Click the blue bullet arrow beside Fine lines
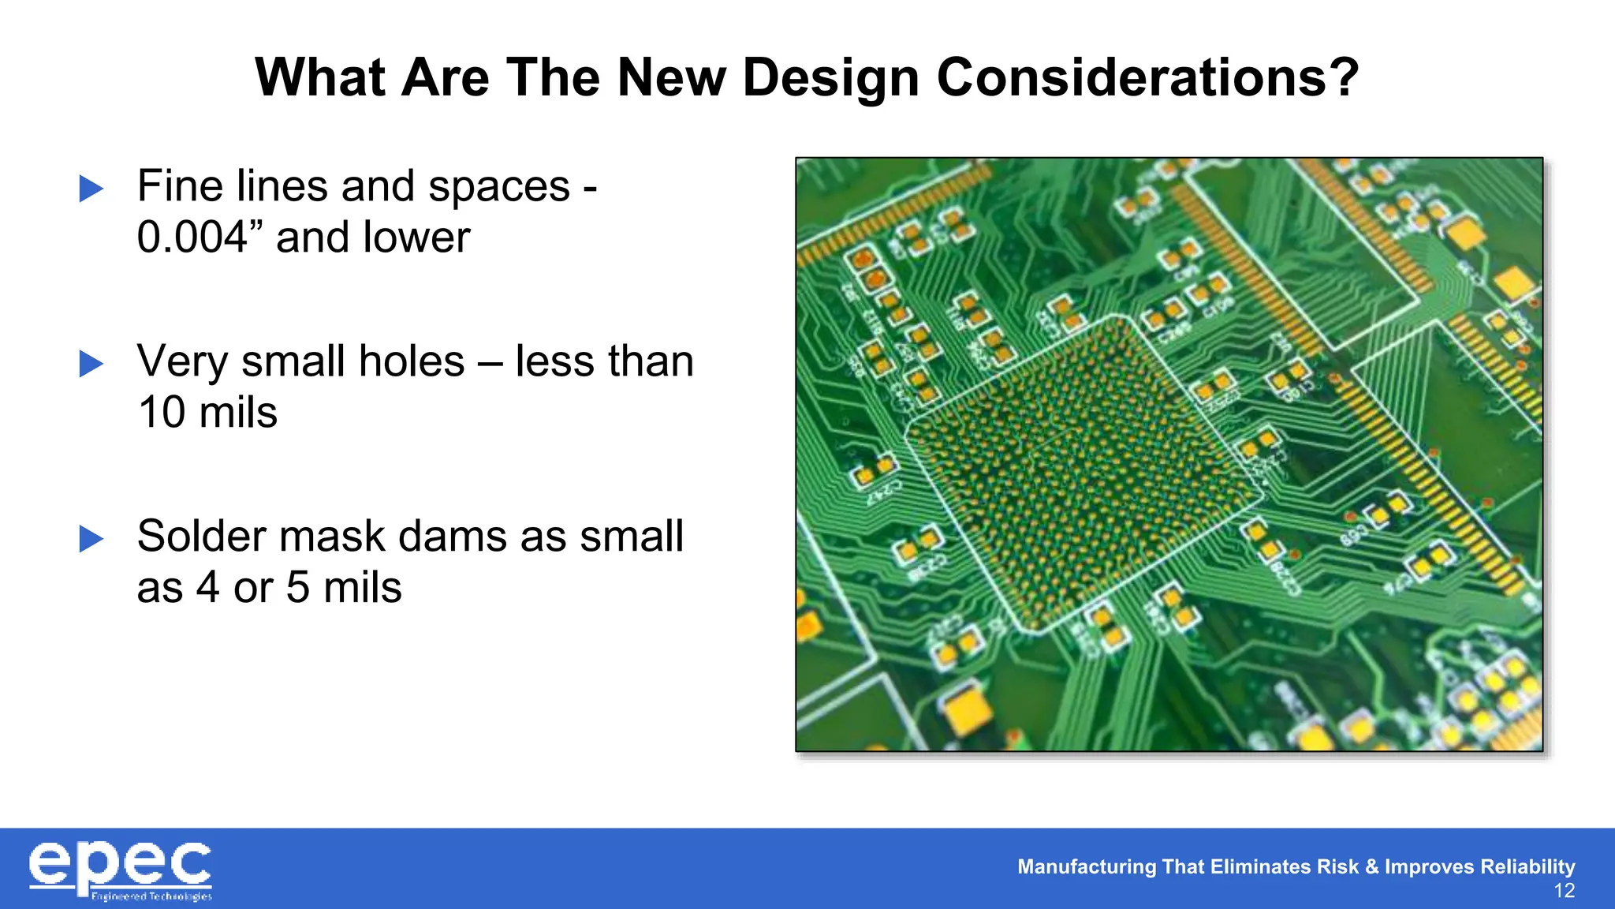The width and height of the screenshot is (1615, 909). click(x=91, y=189)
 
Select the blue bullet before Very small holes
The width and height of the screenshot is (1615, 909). click(x=91, y=364)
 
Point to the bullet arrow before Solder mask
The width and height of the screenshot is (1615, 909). click(x=91, y=539)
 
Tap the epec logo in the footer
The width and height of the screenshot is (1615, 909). click(x=121, y=870)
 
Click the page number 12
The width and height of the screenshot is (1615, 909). click(x=1564, y=892)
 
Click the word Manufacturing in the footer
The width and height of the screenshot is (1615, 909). click(x=1087, y=866)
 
